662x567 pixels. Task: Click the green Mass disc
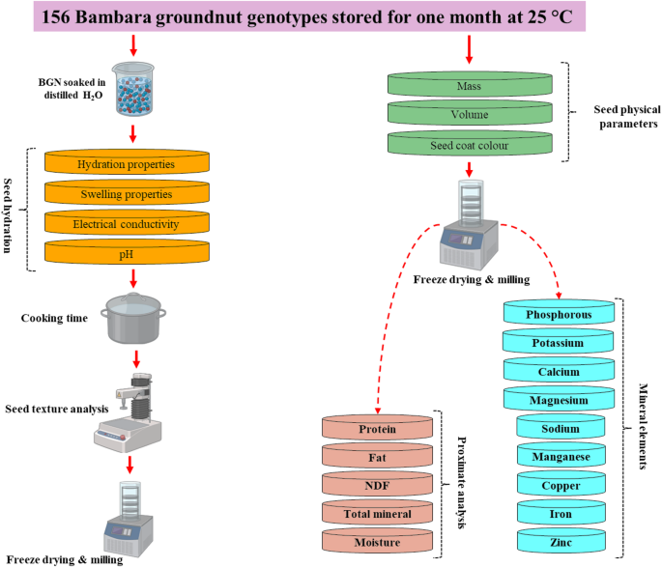tap(471, 85)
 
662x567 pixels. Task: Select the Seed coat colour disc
tap(471, 146)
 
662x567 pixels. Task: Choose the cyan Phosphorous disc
tap(561, 314)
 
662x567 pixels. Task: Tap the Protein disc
tap(378, 428)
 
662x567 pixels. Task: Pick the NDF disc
tap(378, 484)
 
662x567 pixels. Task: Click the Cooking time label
tap(54, 318)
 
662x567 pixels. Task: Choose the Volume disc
tap(471, 116)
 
